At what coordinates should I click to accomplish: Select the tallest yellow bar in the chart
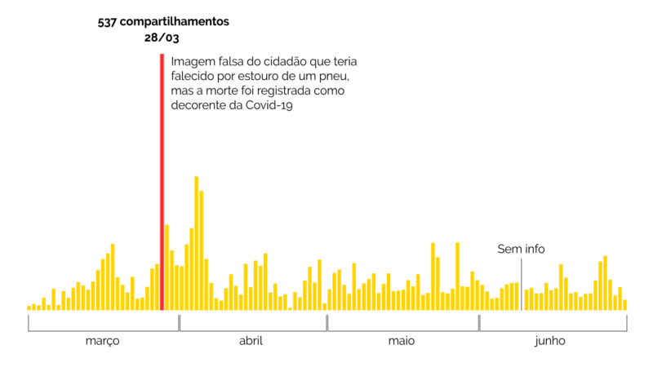click(x=196, y=243)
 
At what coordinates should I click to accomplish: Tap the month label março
click(x=103, y=341)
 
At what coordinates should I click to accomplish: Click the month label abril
click(x=251, y=341)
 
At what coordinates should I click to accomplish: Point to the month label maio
click(x=402, y=341)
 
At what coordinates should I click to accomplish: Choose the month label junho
click(x=550, y=341)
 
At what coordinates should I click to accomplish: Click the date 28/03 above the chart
click(x=162, y=38)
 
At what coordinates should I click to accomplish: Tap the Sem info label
click(x=521, y=250)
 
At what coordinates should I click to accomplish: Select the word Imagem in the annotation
click(x=190, y=61)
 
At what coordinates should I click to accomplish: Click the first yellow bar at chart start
click(x=29, y=307)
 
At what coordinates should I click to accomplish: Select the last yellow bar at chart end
click(x=624, y=305)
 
